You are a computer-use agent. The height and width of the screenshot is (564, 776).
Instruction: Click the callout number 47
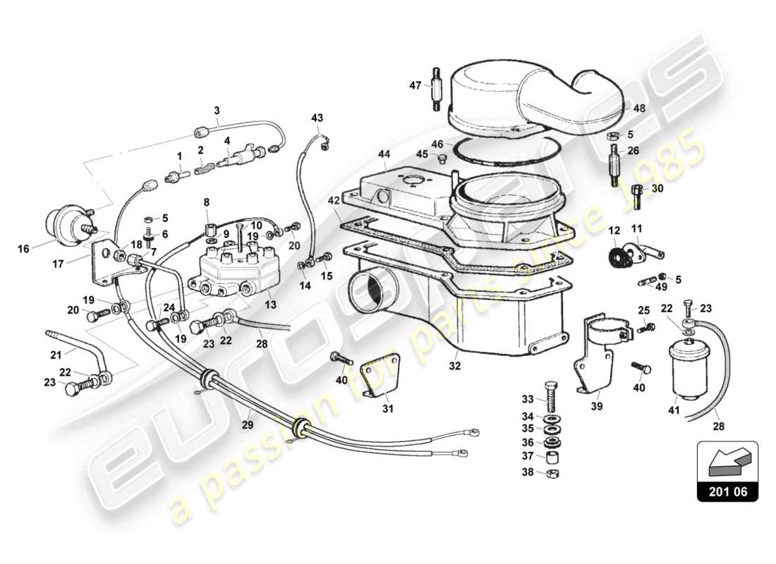point(415,85)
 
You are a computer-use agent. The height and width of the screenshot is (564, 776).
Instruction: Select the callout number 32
point(456,366)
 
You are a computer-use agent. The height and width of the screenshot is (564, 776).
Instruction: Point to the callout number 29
point(246,426)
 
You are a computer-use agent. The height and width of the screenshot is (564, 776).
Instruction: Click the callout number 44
point(384,153)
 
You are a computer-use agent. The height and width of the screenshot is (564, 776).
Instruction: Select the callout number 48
point(639,109)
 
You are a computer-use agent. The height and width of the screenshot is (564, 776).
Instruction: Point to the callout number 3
point(217,110)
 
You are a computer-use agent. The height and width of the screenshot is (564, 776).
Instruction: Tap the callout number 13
point(271,305)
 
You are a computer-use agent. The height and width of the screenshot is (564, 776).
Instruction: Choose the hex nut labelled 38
point(552,472)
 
